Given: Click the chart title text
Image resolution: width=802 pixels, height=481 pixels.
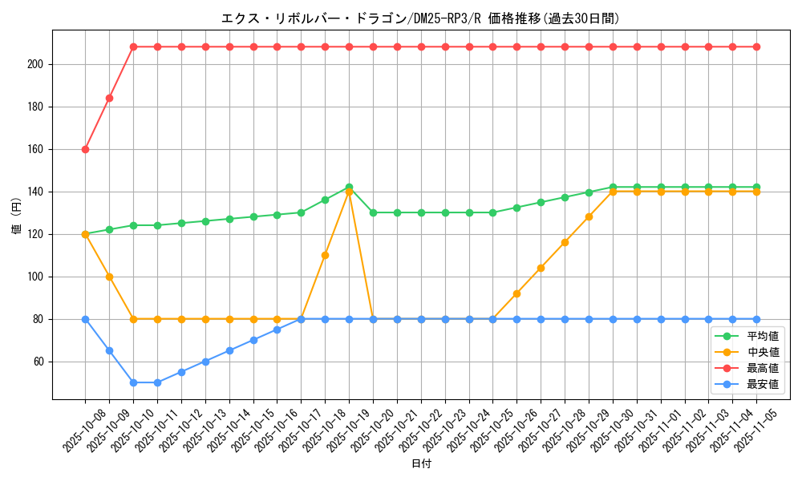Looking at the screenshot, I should (x=420, y=18).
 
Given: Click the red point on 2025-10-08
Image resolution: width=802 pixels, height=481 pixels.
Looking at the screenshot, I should (x=85, y=149).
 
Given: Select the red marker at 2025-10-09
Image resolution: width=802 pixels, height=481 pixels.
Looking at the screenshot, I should (x=109, y=98).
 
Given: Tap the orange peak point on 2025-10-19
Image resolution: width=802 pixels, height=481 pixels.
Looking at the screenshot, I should (x=349, y=192).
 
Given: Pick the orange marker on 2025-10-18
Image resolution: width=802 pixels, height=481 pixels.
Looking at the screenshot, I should (x=325, y=255).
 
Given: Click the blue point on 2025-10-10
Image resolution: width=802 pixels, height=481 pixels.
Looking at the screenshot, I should (x=133, y=382).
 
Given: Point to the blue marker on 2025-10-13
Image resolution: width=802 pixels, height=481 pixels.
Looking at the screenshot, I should (x=205, y=362).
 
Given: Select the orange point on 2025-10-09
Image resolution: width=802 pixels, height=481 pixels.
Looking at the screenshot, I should (x=109, y=277).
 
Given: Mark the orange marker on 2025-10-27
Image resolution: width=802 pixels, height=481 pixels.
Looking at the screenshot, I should (x=541, y=268).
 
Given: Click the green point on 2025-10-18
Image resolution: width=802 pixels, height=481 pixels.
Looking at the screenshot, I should (x=325, y=200).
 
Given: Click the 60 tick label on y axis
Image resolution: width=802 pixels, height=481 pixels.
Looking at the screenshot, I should (x=39, y=362).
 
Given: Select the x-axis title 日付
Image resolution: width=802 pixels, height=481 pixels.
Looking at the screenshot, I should (x=420, y=464).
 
